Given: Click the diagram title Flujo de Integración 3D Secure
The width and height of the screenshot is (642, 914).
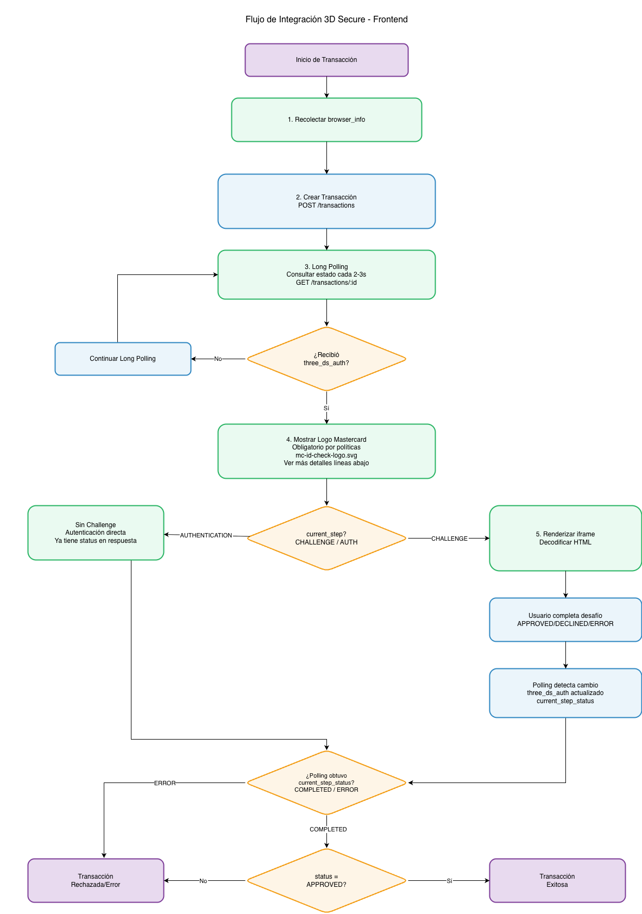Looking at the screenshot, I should [326, 20].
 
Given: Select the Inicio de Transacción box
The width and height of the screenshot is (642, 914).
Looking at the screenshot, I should [326, 60].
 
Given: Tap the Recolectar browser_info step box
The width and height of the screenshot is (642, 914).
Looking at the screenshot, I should [326, 120].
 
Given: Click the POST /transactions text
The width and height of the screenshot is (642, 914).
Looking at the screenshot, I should [326, 205].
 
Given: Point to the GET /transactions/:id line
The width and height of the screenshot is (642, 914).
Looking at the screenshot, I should [326, 283].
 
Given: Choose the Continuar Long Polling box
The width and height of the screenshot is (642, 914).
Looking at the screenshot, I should [123, 359].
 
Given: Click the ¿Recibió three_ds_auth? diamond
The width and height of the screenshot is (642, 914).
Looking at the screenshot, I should [326, 359].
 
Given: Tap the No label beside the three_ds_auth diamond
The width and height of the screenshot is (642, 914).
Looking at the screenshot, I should [218, 359].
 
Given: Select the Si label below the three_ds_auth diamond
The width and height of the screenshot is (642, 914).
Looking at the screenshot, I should [326, 408].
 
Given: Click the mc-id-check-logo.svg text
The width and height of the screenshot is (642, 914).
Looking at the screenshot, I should [326, 455].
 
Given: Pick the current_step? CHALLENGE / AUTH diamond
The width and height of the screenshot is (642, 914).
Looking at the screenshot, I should [326, 538].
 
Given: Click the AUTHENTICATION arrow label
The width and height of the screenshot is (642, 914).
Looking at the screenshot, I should [206, 535].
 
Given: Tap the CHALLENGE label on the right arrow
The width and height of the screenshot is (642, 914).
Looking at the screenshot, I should [449, 539].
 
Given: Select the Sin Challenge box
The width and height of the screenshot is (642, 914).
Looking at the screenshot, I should [96, 533].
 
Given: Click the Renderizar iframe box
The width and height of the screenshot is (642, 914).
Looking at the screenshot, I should [565, 538].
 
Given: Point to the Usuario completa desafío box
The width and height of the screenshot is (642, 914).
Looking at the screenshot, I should [565, 619].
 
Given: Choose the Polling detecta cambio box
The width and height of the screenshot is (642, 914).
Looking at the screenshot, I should [565, 693].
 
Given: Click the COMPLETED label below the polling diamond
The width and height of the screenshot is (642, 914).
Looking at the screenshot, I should [328, 829].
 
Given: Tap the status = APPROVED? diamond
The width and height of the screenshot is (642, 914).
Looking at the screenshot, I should [326, 880].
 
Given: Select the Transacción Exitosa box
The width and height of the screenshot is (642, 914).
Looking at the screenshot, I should [557, 880].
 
